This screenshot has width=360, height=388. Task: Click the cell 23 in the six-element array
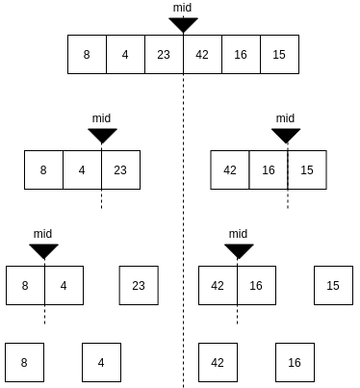[164, 54]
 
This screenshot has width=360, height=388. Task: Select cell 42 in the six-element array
[202, 54]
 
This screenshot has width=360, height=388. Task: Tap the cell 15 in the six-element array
[279, 54]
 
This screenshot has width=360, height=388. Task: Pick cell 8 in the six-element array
[87, 54]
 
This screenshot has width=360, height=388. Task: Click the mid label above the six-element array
[182, 7]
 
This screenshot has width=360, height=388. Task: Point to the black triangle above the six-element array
[183, 24]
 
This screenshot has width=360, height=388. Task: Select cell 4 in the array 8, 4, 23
[82, 169]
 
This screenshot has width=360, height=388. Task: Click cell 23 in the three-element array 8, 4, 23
[120, 169]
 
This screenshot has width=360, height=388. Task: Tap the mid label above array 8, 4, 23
[101, 118]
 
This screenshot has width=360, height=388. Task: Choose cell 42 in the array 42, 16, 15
[230, 169]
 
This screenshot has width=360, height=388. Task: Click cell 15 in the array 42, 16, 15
[307, 169]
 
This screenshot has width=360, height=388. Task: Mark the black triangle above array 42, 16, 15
[286, 136]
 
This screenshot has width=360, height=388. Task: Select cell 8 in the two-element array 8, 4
[25, 285]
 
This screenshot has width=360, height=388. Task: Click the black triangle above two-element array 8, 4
[43, 251]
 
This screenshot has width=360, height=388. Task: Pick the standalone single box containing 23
[139, 285]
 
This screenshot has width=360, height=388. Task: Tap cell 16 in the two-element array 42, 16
[256, 285]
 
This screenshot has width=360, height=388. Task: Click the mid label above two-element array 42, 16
[238, 234]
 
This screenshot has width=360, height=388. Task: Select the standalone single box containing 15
[333, 285]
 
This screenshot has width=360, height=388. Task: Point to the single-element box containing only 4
[101, 363]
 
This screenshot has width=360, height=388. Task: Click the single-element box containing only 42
[218, 363]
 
